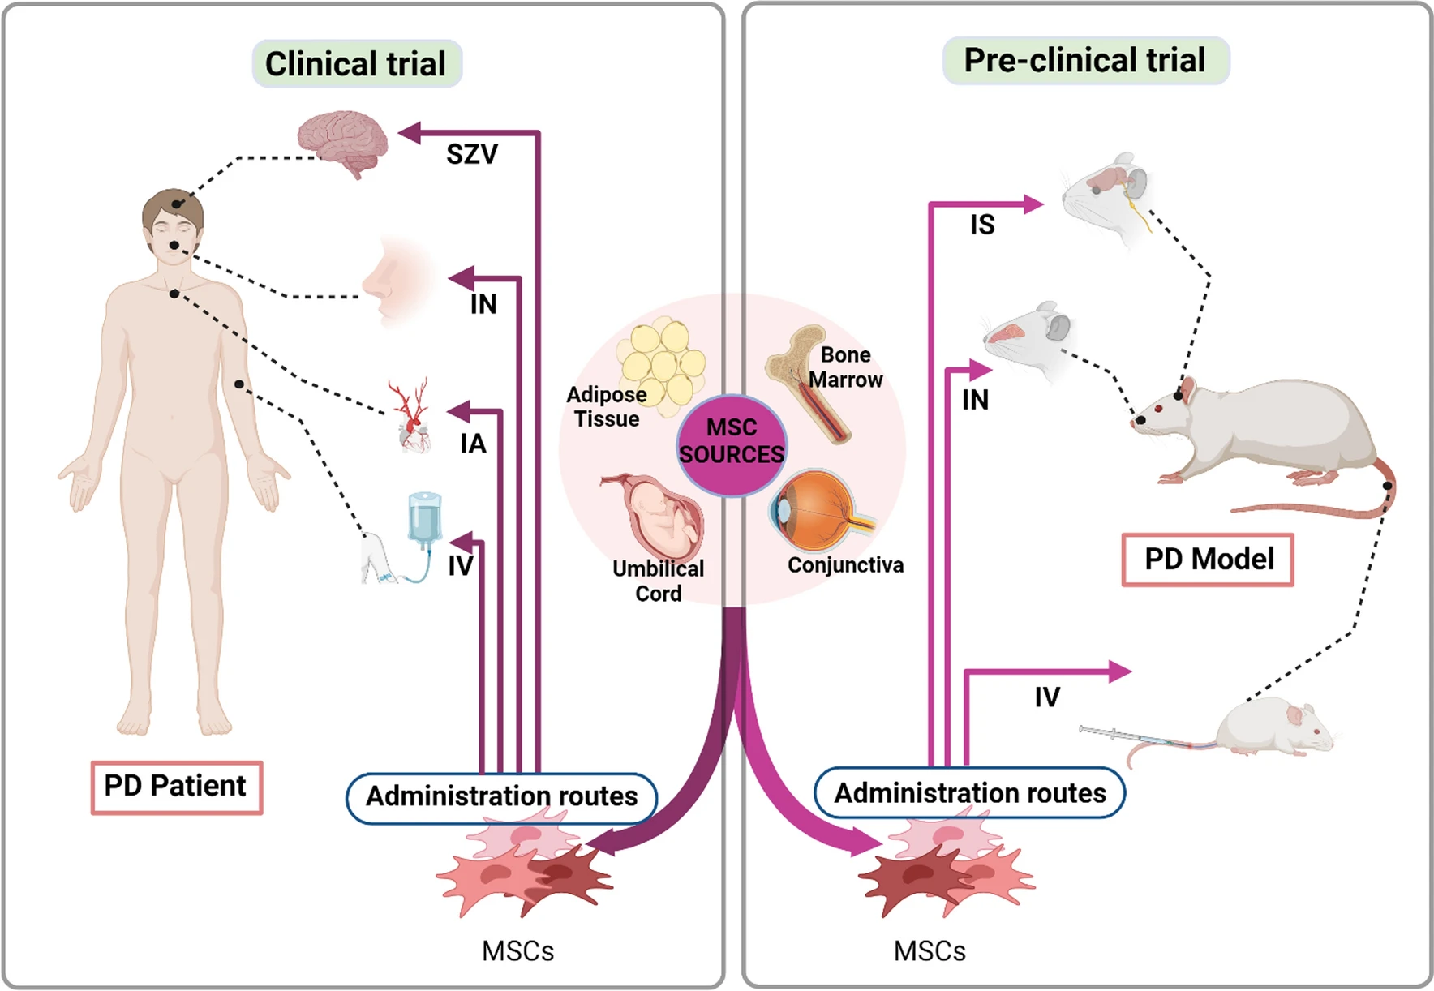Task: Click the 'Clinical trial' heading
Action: (356, 63)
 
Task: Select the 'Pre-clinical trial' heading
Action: (1084, 60)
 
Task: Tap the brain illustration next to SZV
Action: (342, 141)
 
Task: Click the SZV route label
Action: (471, 154)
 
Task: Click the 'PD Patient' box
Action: (176, 787)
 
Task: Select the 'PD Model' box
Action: (1208, 560)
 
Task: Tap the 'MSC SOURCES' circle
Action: (732, 442)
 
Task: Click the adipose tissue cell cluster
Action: (662, 364)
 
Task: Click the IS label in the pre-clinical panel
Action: (982, 225)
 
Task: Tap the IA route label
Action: (473, 444)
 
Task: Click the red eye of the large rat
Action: (1179, 396)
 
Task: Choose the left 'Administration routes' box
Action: (501, 797)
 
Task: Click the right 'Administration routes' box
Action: (969, 793)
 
